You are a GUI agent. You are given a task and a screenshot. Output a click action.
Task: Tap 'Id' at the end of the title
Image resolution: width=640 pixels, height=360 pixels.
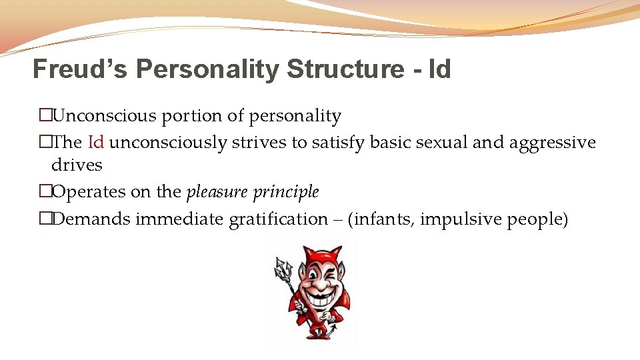(x=440, y=69)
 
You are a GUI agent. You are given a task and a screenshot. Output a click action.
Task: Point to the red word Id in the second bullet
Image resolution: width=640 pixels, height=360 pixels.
(x=96, y=143)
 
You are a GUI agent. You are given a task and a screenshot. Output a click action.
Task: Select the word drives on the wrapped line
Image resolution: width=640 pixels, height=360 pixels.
(x=77, y=165)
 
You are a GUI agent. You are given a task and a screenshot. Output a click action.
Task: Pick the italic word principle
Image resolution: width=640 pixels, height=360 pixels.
(x=289, y=192)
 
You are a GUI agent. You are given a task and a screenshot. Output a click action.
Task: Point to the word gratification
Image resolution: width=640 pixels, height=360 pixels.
(x=278, y=219)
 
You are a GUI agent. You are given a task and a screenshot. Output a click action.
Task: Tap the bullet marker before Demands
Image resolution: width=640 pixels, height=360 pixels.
(x=45, y=219)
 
